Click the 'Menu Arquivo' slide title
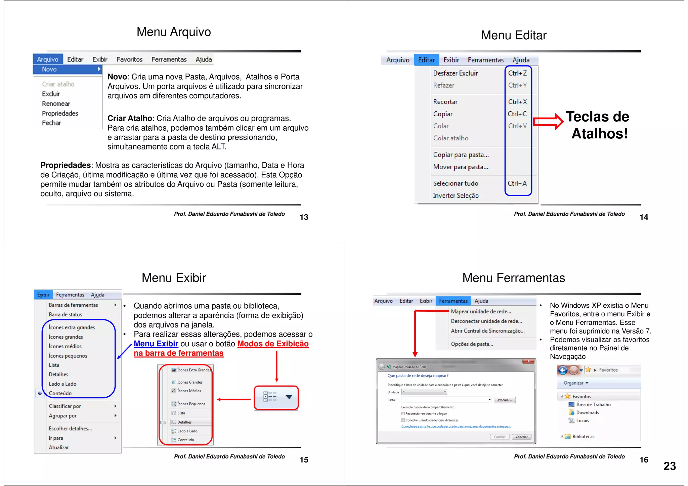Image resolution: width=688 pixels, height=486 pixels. coord(174,32)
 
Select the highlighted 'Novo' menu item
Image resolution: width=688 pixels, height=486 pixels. coord(67,69)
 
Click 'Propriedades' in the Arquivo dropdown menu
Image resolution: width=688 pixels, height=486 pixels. coord(60,114)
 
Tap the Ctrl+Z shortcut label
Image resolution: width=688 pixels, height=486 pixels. coord(517,73)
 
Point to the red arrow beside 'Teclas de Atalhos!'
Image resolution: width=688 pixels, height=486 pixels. coord(548,121)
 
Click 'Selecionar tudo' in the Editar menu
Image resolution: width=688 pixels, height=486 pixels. coord(455,183)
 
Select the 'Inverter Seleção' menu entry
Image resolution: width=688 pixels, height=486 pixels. coord(456,195)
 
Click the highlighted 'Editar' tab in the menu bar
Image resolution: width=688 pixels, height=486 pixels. coord(426,60)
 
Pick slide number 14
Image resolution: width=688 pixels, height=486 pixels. coord(644,217)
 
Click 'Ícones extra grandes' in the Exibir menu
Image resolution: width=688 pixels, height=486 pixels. coord(72,327)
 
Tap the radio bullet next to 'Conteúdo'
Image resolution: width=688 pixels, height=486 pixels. coord(40,393)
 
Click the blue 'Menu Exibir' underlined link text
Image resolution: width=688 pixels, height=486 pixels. coord(156,344)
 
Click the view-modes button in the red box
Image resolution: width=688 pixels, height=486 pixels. coord(276,397)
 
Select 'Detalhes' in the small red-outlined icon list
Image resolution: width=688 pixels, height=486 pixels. coord(184,422)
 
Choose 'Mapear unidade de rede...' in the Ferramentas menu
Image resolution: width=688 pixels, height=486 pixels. coord(481,312)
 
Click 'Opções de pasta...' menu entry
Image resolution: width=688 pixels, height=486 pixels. coord(472,344)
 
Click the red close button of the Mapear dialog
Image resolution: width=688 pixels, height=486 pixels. coord(528,361)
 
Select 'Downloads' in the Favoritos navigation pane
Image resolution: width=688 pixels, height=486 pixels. coord(587,413)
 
